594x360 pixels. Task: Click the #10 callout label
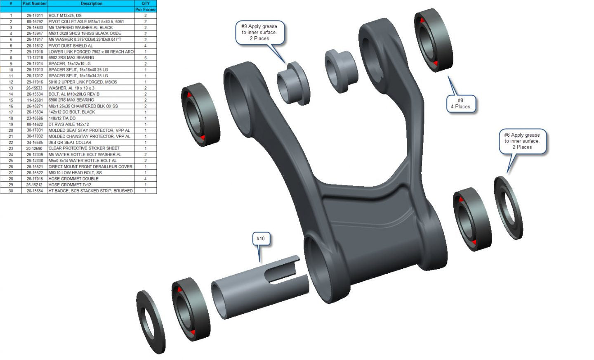click(x=261, y=239)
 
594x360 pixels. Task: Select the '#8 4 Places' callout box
click(x=461, y=104)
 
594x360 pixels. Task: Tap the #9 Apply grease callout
click(x=260, y=32)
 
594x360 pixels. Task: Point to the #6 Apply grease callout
click(x=522, y=141)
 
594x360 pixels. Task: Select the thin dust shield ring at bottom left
click(x=151, y=322)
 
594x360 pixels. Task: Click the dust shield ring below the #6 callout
click(x=508, y=208)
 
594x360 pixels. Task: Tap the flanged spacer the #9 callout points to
click(x=293, y=83)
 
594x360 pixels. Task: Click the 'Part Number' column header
click(x=35, y=3)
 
